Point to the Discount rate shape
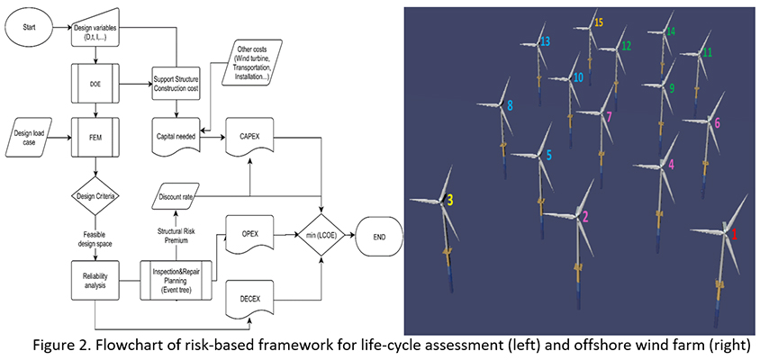click(176, 196)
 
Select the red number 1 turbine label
click(734, 233)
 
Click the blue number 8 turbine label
click(510, 106)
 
